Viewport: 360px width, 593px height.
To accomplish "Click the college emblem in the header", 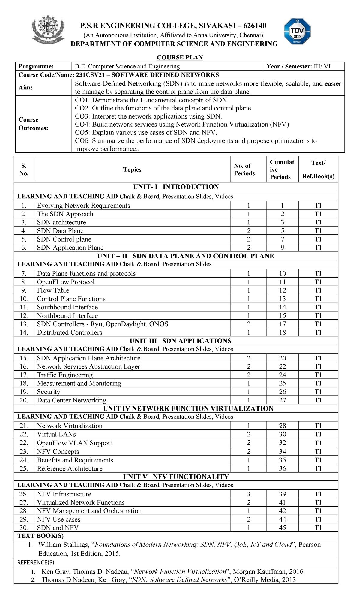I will (48, 30).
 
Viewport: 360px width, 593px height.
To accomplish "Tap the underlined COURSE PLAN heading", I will (180, 57).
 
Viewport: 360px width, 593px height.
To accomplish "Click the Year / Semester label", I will (289, 66).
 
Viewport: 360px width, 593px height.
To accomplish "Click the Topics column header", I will (132, 170).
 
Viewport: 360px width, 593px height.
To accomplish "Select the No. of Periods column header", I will (244, 170).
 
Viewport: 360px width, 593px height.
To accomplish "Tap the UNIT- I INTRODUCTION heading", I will (176, 187).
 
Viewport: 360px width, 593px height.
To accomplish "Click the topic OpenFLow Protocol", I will (66, 282).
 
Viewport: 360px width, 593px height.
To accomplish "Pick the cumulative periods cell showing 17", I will (282, 324).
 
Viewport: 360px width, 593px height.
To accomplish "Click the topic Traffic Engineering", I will (65, 375).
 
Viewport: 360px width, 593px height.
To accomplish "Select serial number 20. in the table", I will (24, 400).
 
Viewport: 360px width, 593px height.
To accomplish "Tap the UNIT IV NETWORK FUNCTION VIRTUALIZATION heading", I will (188, 408).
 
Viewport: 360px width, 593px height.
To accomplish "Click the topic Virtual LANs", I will (56, 434).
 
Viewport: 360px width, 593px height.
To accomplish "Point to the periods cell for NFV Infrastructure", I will (249, 494).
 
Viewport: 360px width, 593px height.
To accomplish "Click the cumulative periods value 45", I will (282, 528).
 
